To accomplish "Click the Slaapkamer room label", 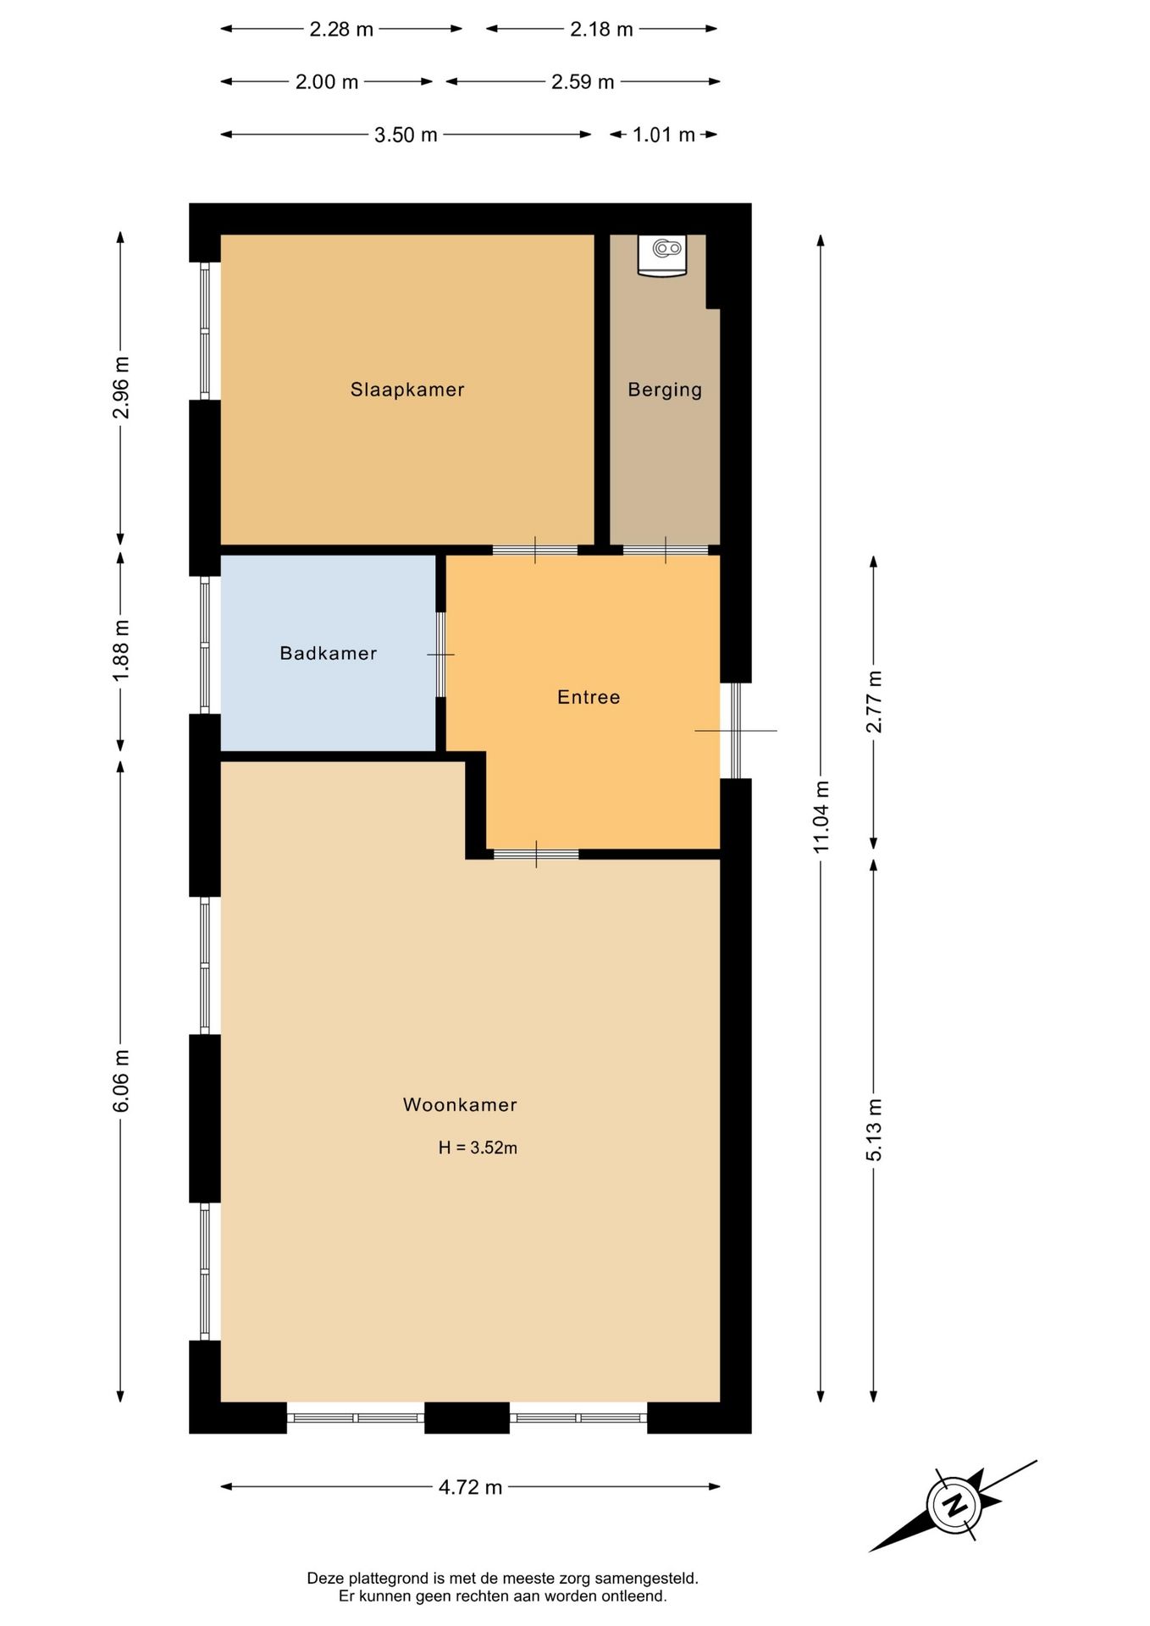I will pyautogui.click(x=407, y=390).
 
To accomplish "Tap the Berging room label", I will pyautogui.click(x=665, y=390).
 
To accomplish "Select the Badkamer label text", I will pyautogui.click(x=328, y=653).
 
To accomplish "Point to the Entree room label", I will pyautogui.click(x=589, y=697).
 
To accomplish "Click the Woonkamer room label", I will pyautogui.click(x=460, y=1104).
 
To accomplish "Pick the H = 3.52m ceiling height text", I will pyautogui.click(x=478, y=1148).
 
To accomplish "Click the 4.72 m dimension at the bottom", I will pyautogui.click(x=470, y=1487).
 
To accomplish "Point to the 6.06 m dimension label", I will pyautogui.click(x=120, y=1081).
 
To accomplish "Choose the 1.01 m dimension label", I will pyautogui.click(x=663, y=135).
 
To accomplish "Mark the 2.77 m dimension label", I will pyautogui.click(x=874, y=701).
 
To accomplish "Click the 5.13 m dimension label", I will pyautogui.click(x=874, y=1130).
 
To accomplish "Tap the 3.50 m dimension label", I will pyautogui.click(x=406, y=135).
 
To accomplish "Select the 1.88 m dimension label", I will pyautogui.click(x=120, y=649).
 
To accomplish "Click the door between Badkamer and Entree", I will pyautogui.click(x=440, y=655).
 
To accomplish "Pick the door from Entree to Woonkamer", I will pyautogui.click(x=536, y=854).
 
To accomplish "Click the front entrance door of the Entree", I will pyautogui.click(x=735, y=730).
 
